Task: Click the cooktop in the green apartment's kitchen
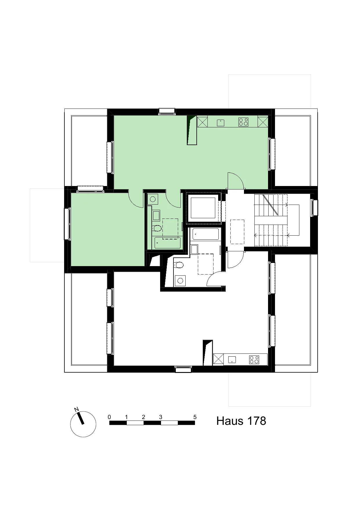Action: pyautogui.click(x=243, y=122)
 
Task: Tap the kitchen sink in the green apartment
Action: pyautogui.click(x=221, y=122)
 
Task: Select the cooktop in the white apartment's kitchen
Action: pyautogui.click(x=254, y=360)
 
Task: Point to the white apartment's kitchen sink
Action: pyautogui.click(x=232, y=360)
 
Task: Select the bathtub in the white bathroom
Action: pyautogui.click(x=206, y=234)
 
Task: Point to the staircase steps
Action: pyautogui.click(x=271, y=221)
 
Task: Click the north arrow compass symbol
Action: pyautogui.click(x=83, y=424)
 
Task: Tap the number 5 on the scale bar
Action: pyautogui.click(x=195, y=417)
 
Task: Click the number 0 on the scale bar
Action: pyautogui.click(x=109, y=417)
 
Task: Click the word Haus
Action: pyautogui.click(x=228, y=421)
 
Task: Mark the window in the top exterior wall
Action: pyautogui.click(x=167, y=111)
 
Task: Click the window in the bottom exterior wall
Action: pyautogui.click(x=183, y=369)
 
